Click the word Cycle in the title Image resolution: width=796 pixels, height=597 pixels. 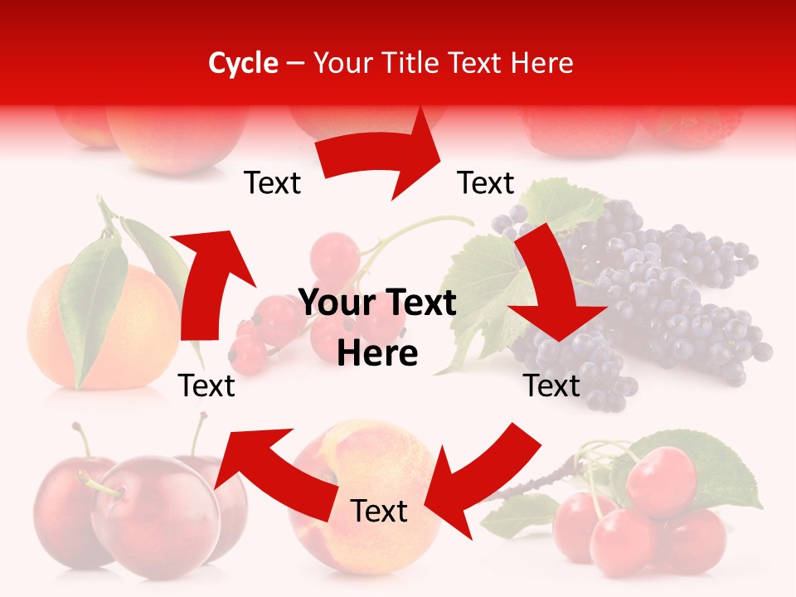tap(243, 63)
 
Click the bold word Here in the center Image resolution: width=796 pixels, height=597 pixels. tap(377, 354)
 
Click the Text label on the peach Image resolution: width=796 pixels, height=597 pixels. tap(379, 512)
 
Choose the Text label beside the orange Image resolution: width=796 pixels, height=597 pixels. tap(206, 386)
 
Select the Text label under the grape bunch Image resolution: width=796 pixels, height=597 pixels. tap(552, 386)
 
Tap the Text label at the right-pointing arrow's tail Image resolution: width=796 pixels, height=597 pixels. tap(272, 183)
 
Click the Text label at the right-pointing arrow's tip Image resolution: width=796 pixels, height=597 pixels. tap(486, 183)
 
